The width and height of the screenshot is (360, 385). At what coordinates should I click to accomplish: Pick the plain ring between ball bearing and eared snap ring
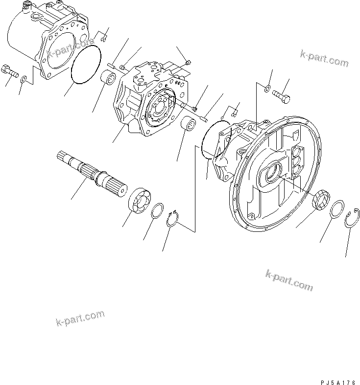157,211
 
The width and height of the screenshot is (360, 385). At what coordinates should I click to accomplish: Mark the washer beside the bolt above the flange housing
266,89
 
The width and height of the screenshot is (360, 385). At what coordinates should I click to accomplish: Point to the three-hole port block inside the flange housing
297,162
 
